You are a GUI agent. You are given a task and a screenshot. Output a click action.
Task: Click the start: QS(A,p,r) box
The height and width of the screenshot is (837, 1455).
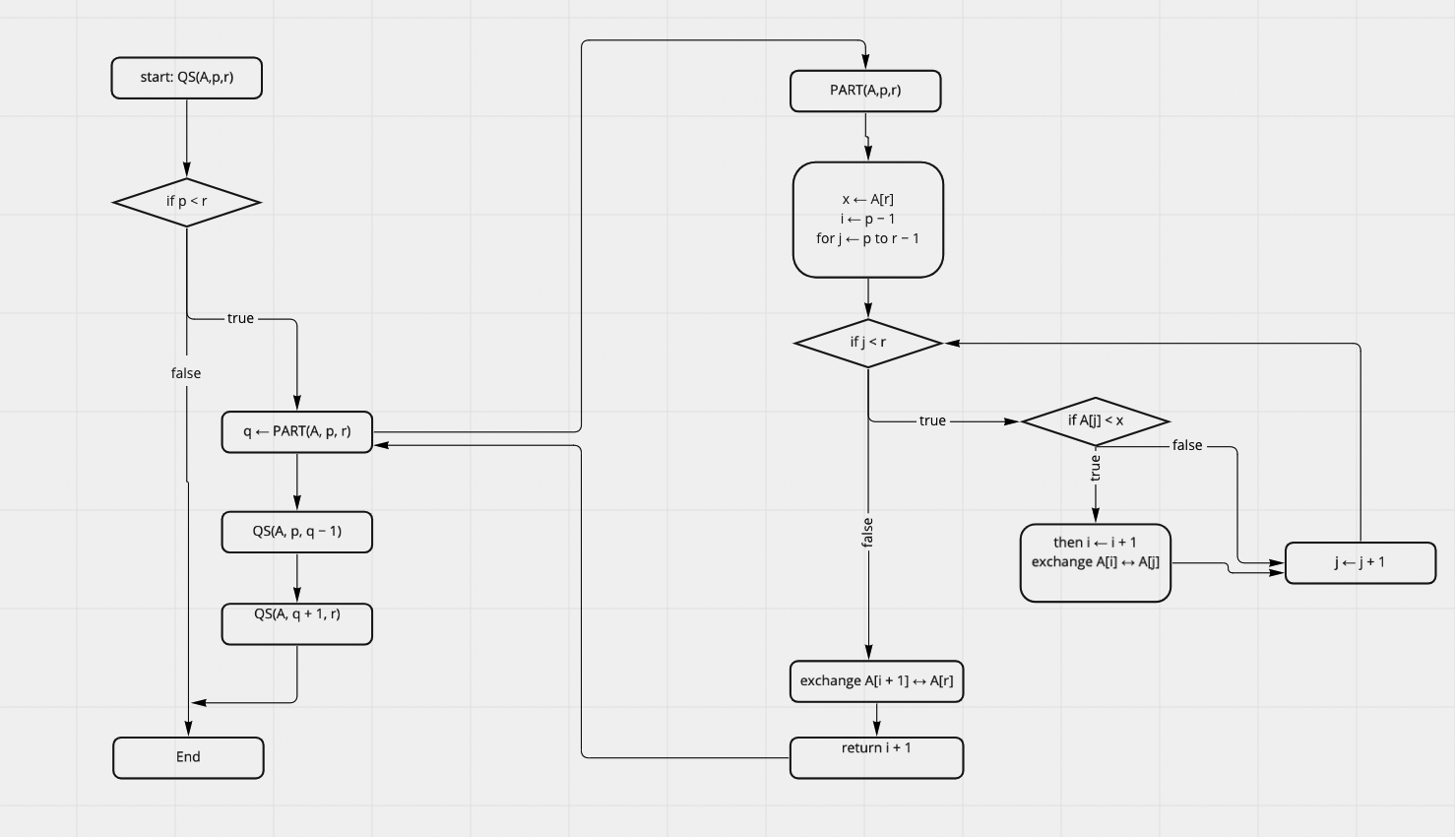186,78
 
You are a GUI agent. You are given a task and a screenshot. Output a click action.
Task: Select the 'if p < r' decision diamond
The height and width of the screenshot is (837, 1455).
186,202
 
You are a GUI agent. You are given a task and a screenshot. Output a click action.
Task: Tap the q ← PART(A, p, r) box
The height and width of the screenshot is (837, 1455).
296,432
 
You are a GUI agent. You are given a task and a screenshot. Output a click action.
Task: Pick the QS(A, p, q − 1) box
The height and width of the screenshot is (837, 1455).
296,532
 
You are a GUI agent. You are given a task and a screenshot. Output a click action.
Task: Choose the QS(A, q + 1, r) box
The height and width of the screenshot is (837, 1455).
296,623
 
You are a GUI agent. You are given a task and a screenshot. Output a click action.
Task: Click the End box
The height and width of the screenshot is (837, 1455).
188,757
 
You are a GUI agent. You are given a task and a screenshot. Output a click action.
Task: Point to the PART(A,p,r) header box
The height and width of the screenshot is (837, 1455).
865,91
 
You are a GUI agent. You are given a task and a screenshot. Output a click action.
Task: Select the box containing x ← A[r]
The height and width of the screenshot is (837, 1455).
867,220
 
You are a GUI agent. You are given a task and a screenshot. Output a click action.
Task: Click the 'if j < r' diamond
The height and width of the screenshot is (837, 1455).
867,343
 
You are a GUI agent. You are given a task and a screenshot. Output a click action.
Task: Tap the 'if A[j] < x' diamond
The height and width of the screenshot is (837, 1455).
1095,421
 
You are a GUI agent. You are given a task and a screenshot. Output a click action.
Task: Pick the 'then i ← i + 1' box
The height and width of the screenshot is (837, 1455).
1095,562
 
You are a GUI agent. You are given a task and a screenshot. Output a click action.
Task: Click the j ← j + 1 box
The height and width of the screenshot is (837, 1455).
1360,562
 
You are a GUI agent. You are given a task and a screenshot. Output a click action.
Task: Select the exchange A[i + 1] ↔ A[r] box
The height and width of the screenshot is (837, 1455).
876,681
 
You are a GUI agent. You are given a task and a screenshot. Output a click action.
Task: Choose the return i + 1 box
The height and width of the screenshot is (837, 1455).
876,757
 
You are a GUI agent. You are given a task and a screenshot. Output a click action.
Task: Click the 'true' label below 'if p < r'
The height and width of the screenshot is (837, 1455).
240,319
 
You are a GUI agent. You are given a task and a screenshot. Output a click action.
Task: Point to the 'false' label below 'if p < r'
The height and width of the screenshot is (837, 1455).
186,373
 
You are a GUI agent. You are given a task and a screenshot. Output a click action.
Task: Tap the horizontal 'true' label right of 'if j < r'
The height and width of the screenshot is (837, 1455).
932,421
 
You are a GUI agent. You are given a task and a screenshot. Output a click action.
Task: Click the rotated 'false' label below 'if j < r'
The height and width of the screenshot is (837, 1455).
867,533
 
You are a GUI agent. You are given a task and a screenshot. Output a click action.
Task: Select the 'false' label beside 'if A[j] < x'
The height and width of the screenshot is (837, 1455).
1187,446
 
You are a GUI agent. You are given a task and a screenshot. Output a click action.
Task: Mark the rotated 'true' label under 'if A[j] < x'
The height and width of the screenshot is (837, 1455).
1095,468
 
